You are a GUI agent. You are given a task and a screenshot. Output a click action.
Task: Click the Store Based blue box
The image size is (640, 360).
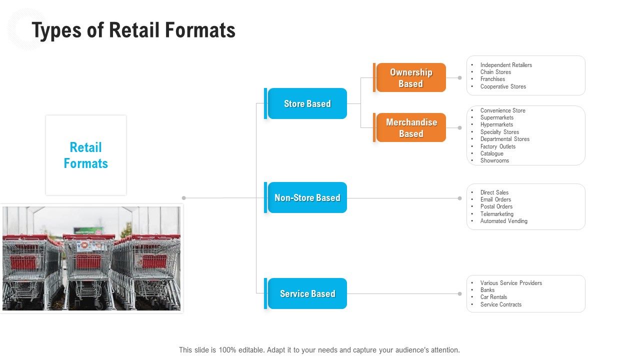coord(307,103)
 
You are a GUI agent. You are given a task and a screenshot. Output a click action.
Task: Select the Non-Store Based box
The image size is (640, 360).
coord(307,197)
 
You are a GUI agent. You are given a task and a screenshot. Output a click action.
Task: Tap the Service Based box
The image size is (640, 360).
coord(307,293)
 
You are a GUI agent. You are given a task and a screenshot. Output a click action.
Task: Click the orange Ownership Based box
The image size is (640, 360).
coord(410,77)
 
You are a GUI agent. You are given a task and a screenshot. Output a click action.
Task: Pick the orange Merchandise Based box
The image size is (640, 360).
coord(411,127)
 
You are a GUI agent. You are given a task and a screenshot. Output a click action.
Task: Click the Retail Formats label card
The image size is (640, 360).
coord(86,155)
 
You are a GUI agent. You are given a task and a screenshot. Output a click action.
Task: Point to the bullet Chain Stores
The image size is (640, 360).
coord(495,72)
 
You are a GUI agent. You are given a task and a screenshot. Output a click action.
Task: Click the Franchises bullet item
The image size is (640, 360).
coord(492,79)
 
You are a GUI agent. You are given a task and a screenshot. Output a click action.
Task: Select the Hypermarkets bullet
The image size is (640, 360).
coord(496,124)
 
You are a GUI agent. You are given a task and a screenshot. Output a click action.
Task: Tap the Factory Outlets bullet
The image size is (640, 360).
coord(497,146)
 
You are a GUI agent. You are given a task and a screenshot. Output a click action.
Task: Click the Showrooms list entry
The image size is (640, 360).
coord(494,160)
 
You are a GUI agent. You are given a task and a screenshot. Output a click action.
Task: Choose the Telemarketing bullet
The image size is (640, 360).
coord(496,214)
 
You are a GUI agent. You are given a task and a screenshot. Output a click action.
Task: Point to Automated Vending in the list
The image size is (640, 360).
coord(503,221)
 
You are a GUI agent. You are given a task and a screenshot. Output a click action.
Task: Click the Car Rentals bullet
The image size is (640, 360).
coord(493,297)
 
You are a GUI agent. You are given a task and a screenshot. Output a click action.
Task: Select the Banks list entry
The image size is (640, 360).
coord(487,290)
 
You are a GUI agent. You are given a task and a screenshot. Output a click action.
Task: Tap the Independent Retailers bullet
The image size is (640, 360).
coord(506,65)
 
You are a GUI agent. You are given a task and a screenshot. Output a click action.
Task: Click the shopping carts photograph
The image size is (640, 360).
coord(91,258)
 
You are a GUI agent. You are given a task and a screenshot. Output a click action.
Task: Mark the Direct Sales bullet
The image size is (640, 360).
coord(494,192)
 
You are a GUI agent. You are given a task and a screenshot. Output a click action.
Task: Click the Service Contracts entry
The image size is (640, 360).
coord(500,304)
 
